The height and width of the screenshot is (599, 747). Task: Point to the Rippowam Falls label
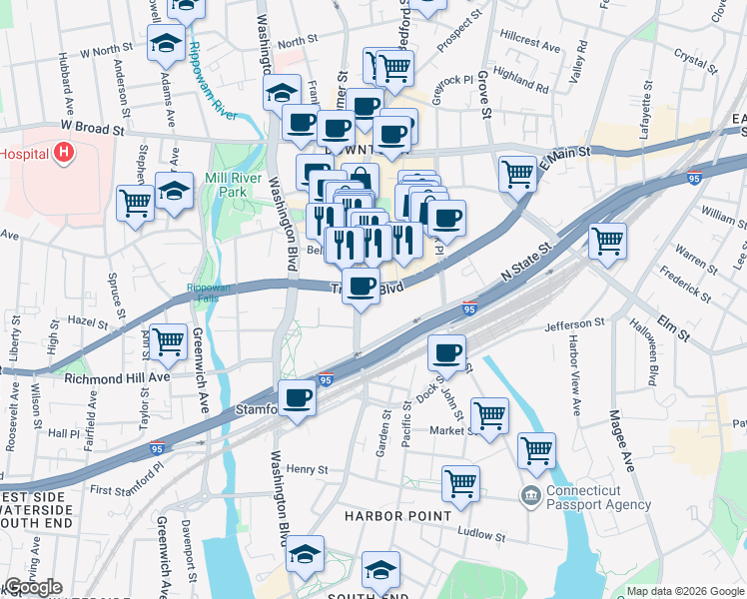click(x=208, y=294)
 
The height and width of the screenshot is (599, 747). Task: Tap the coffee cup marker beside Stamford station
click(x=297, y=398)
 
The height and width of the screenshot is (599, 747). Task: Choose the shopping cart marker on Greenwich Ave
click(x=168, y=341)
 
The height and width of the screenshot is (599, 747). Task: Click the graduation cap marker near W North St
click(x=166, y=43)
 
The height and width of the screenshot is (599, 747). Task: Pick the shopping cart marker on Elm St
click(x=607, y=240)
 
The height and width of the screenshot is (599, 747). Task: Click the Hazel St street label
click(x=88, y=323)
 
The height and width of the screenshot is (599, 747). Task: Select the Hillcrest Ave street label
click(x=530, y=45)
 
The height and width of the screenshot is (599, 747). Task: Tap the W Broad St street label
click(x=92, y=129)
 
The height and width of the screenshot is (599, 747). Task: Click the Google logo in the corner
click(x=33, y=587)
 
